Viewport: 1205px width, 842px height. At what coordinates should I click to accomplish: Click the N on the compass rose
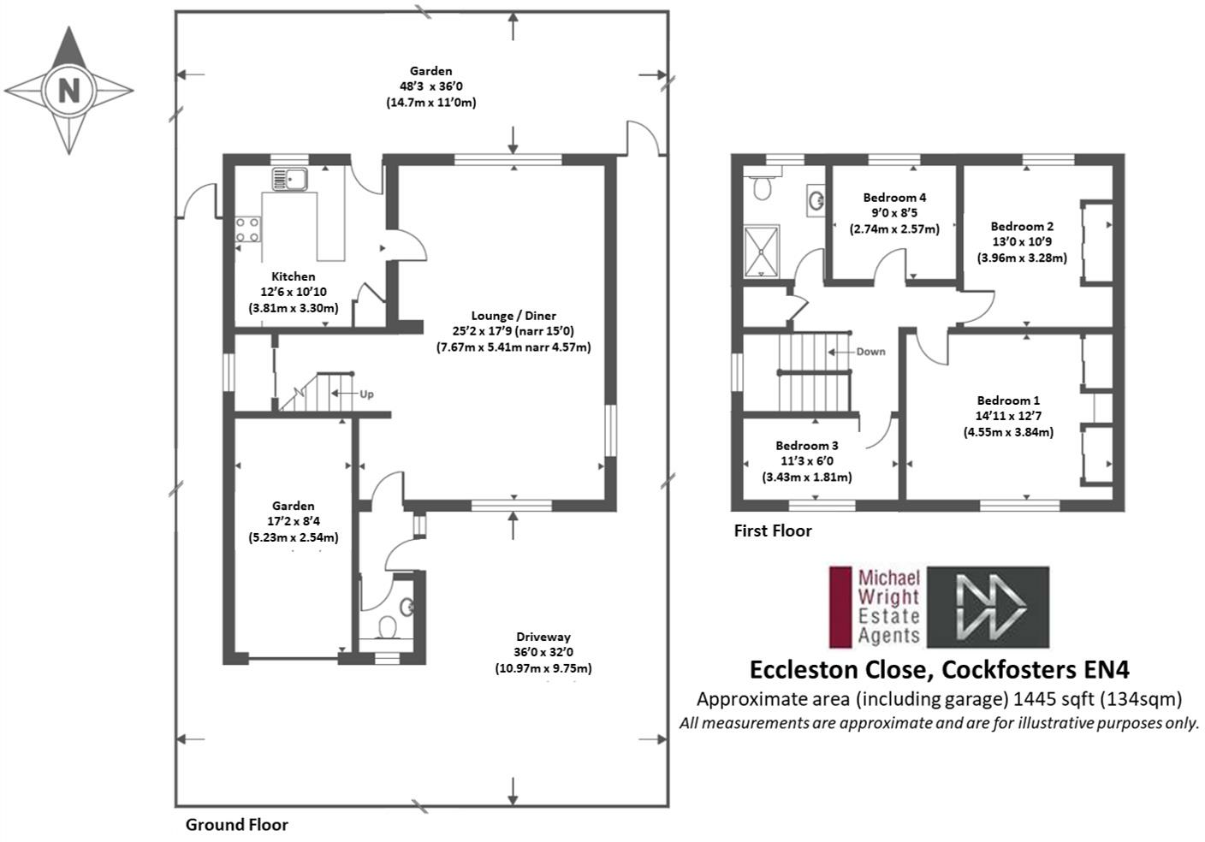[68, 91]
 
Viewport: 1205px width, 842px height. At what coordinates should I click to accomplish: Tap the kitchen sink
[289, 179]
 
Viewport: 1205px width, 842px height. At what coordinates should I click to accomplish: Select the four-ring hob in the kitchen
[247, 229]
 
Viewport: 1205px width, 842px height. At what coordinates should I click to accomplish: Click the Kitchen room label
[294, 276]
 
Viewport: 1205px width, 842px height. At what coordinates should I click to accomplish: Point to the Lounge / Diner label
[513, 316]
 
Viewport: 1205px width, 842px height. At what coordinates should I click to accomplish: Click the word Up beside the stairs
[366, 394]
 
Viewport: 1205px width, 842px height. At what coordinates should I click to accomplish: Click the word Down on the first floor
[871, 352]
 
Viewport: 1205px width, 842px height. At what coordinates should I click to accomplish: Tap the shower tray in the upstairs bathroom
[761, 252]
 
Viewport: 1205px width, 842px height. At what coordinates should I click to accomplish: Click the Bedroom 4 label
[894, 198]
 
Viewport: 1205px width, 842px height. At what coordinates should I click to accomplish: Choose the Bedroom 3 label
[806, 446]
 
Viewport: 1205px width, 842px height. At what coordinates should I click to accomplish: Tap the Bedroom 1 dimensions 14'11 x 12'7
[1008, 416]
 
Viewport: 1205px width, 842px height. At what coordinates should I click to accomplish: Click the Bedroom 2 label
[1022, 227]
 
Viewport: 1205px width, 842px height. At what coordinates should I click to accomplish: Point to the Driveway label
[543, 637]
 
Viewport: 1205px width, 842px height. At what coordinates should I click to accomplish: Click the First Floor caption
[773, 531]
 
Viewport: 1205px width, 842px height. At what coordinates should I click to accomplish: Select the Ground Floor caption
[237, 825]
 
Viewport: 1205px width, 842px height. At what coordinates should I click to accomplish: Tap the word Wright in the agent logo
[888, 597]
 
